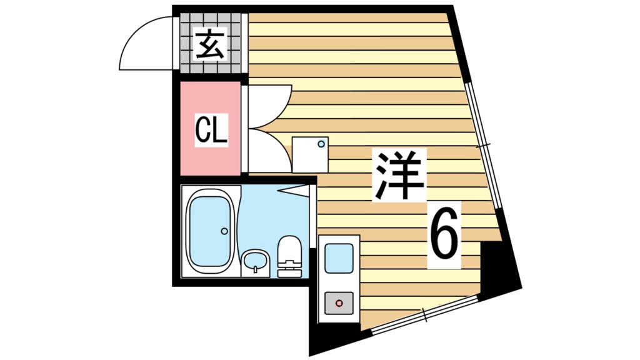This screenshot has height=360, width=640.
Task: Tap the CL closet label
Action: (x=211, y=130)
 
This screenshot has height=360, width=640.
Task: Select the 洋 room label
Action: (x=399, y=174)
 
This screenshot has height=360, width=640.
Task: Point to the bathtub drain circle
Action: (x=224, y=231)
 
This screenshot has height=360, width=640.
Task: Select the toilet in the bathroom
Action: (x=289, y=257)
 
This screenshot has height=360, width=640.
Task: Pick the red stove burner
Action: (x=339, y=304)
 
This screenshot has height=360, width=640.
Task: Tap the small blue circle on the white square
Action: (x=321, y=144)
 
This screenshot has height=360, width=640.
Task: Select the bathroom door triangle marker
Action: (x=294, y=188)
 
